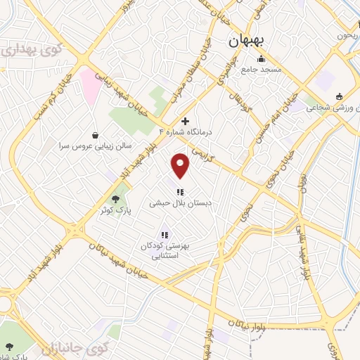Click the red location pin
[x=181, y=165]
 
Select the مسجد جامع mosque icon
[x=262, y=59]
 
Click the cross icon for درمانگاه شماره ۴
[x=186, y=121]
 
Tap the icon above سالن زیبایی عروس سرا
[x=96, y=135]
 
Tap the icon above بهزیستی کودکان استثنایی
[x=164, y=235]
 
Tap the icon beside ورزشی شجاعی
[x=340, y=96]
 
